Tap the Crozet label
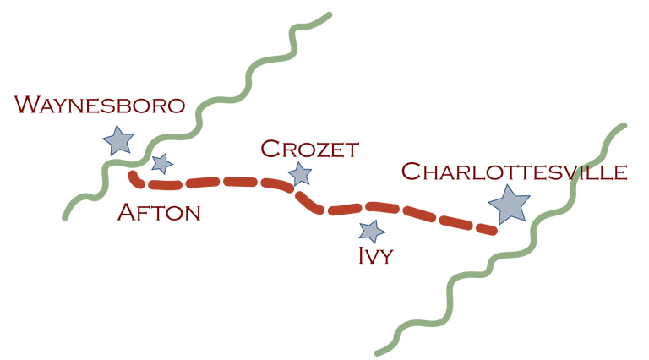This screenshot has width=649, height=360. pos(309,149)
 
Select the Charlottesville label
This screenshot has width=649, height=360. pos(514,172)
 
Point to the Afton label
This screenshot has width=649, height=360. pos(159,212)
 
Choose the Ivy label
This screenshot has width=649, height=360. pos(375,255)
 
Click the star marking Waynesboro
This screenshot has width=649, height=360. pos(118,140)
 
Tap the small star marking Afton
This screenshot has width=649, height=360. pos(162,163)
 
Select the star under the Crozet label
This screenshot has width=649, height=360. pos(300,174)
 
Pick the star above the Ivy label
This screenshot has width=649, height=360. pos(372,231)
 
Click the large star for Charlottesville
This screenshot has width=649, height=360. pos(509,205)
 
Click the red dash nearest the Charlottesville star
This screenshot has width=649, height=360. pos(486,229)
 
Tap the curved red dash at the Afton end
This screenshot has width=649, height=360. pos(135,180)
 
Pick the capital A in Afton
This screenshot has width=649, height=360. pos(127,212)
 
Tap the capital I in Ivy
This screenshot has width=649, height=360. pos(363,256)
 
